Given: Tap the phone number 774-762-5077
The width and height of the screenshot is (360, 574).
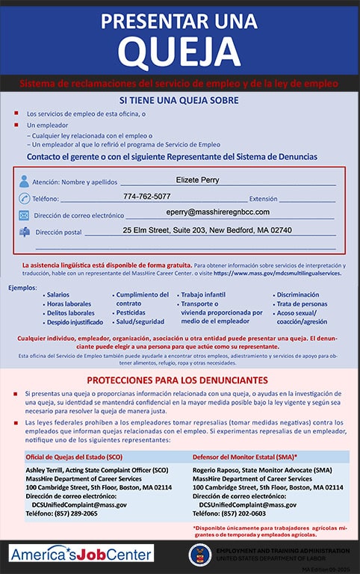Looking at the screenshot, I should coord(146,197).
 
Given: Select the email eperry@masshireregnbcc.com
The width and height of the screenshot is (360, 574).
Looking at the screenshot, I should coord(217,213).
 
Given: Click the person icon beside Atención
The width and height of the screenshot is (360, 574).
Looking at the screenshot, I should coord(24,182).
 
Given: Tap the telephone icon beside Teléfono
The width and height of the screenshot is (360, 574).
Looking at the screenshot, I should coord(24,199).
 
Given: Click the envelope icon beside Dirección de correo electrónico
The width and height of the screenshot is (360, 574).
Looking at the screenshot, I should coord(24,216).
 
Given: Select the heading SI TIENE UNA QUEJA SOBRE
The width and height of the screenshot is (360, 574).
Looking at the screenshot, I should coord(179,100).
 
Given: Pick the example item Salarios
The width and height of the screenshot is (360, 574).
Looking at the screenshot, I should coord(58,295).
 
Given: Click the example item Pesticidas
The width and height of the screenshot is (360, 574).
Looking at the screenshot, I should coord(130,313).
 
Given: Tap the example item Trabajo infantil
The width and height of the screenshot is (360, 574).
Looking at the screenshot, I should coord(202,295).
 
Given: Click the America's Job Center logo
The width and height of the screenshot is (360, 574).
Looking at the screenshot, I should coord(81,554).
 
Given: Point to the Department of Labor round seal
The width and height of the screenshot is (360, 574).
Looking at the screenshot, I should coord(199,554).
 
